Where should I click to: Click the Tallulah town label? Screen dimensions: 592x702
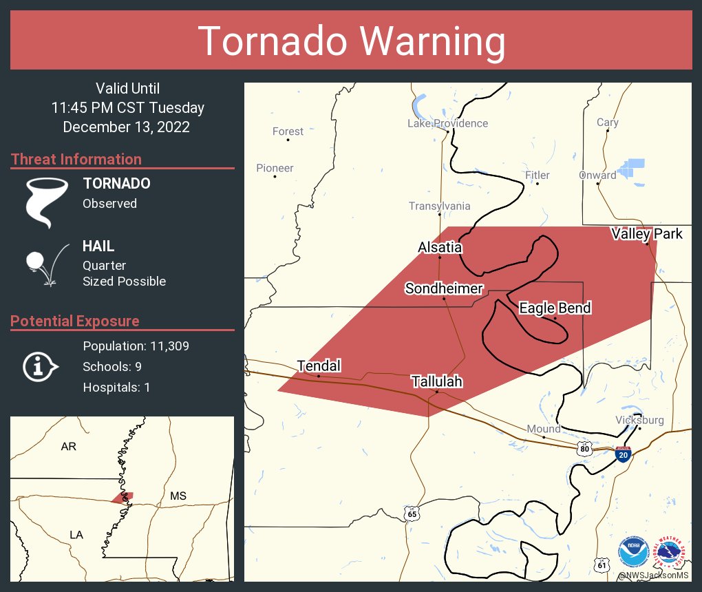[x=436, y=381]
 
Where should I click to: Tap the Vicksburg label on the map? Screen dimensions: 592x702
[x=640, y=420]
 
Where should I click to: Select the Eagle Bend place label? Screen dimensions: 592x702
[x=555, y=308]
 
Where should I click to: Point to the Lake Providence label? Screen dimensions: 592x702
[x=447, y=123]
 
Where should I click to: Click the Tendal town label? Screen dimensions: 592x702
[x=319, y=366]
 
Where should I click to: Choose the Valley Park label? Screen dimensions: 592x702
[x=647, y=234]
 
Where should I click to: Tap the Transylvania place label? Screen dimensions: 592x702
[x=439, y=206]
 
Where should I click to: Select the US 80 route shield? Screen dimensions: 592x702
[x=585, y=449]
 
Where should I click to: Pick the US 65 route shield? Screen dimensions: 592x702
[x=412, y=514]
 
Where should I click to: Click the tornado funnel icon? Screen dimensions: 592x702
[x=47, y=202]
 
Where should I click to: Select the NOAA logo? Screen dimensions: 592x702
[x=633, y=552]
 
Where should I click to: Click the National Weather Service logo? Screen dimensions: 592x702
[x=670, y=552]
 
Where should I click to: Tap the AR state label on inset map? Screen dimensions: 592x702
[x=68, y=446]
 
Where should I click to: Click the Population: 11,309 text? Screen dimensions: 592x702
[x=136, y=346]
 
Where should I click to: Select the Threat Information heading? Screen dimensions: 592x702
[x=76, y=159]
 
